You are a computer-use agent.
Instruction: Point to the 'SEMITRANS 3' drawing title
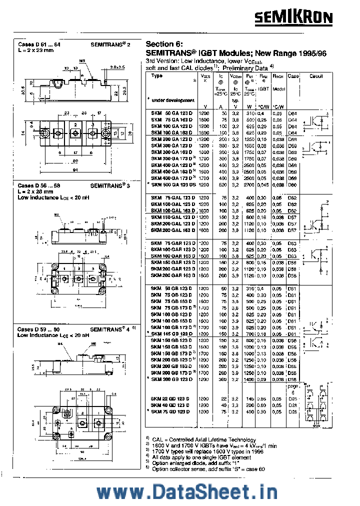click(111, 185)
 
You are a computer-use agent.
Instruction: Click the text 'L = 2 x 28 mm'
click(35, 191)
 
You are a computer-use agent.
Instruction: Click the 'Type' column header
click(157, 76)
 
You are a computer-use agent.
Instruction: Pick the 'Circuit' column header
click(316, 76)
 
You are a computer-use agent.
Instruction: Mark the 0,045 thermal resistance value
click(262, 184)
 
